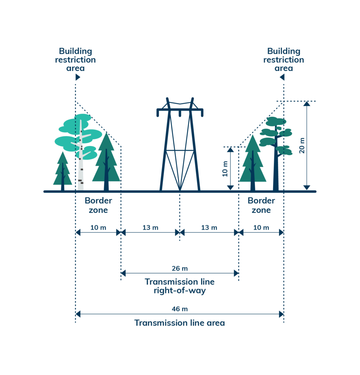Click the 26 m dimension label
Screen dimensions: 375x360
(179, 268)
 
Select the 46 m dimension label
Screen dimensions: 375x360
(179, 309)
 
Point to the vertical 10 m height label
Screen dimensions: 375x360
(225, 168)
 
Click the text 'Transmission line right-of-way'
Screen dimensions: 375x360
(179, 286)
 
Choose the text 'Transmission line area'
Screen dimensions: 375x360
(179, 323)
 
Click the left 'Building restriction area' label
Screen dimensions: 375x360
(75, 60)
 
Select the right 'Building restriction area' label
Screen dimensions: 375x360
(283, 60)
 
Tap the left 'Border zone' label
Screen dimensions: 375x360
(98, 205)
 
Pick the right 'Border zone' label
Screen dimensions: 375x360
(261, 205)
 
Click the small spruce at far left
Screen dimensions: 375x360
(63, 172)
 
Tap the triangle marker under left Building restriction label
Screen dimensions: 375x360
(78, 77)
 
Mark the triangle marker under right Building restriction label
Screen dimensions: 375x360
(282, 77)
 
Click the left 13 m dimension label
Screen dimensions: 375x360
(150, 227)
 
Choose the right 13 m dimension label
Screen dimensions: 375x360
(209, 227)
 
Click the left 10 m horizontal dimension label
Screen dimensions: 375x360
(98, 227)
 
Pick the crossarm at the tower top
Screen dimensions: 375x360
(180, 110)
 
